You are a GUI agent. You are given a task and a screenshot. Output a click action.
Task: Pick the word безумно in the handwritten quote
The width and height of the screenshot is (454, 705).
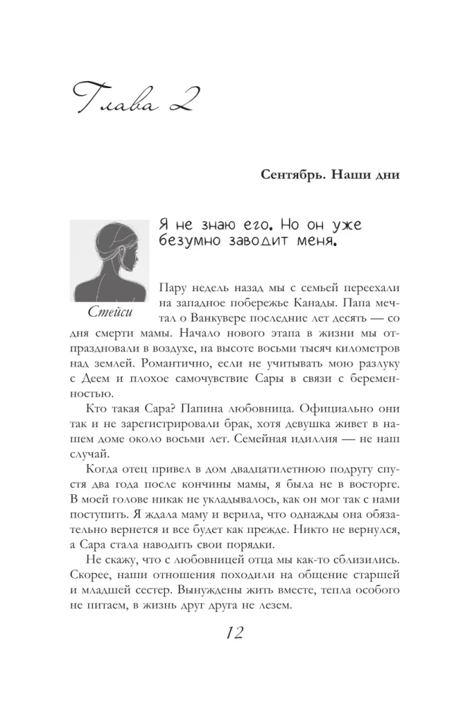[190, 244]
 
